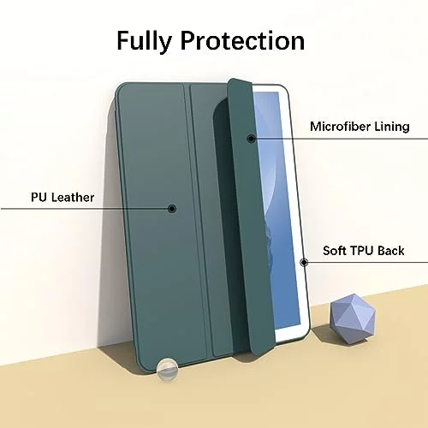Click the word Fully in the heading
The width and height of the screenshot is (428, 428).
[144, 41]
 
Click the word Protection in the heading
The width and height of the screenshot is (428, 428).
[242, 40]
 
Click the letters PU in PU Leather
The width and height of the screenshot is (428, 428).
[39, 197]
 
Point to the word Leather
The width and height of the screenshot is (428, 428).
[73, 197]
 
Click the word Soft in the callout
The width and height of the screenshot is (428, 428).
[334, 251]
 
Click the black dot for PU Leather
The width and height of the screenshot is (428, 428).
[171, 209]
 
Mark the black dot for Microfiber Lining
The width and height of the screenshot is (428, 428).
[251, 139]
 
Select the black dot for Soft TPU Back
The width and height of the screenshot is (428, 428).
[304, 262]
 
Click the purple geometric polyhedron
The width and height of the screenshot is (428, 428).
[353, 318]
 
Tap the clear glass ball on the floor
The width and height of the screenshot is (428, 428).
[167, 370]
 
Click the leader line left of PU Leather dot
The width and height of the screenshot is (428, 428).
[84, 209]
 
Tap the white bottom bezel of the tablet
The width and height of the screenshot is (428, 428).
[291, 334]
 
